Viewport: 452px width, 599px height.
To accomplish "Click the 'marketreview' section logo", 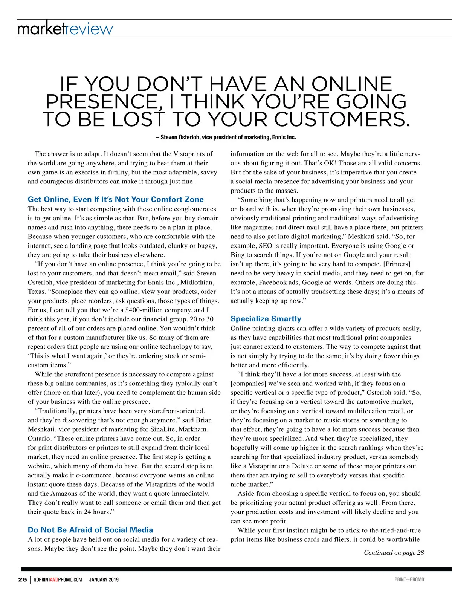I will click(x=65, y=29).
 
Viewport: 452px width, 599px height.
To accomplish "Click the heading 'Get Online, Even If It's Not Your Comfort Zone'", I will click(x=116, y=199).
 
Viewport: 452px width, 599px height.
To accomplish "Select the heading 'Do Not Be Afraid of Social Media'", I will click(x=90, y=530).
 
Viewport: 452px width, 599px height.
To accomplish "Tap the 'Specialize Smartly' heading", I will click(x=266, y=319).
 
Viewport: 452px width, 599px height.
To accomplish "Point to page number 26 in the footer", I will click(x=22, y=579).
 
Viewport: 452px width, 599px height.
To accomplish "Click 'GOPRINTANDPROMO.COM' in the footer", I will click(x=58, y=579).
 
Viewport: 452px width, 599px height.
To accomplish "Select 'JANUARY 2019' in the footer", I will click(x=104, y=579).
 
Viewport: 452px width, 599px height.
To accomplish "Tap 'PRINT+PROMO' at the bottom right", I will click(x=409, y=579).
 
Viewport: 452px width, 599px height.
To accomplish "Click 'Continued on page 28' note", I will click(x=394, y=552).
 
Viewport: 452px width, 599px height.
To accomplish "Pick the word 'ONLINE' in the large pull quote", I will click(x=352, y=84).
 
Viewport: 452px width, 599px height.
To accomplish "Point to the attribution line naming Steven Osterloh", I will click(x=226, y=137).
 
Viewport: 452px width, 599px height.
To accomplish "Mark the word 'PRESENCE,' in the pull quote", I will click(x=101, y=102).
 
